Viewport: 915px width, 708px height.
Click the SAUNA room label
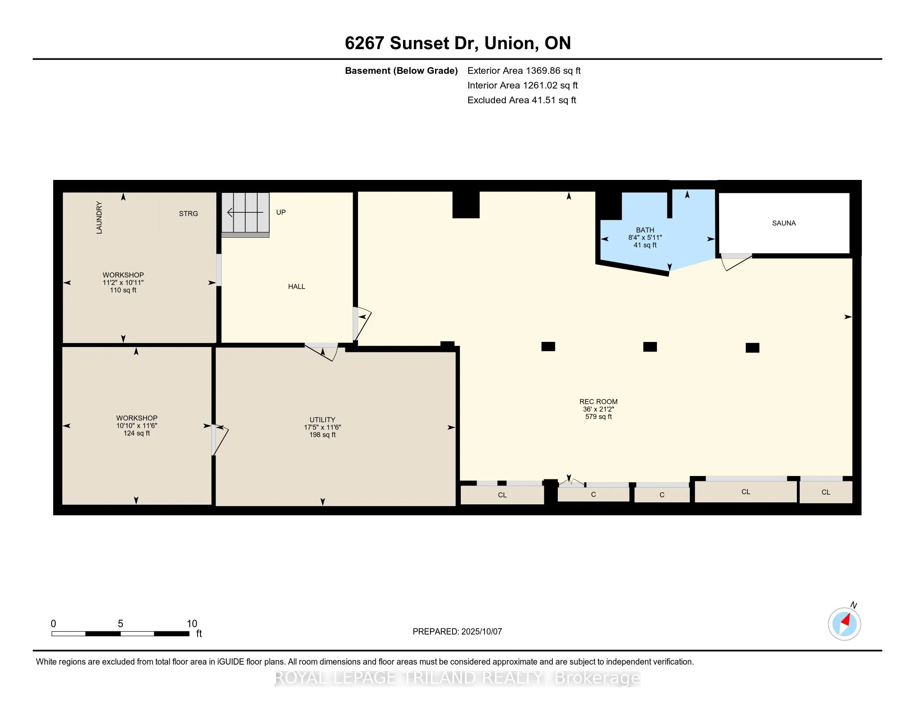coord(784,223)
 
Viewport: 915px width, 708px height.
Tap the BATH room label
coord(645,230)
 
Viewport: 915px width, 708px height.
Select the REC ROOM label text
coord(598,401)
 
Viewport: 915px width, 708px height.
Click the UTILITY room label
coord(322,419)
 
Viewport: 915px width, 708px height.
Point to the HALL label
coord(297,287)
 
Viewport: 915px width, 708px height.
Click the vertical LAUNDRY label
coord(99,217)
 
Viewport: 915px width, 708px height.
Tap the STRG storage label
coord(188,214)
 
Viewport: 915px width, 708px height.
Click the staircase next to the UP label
coord(245,214)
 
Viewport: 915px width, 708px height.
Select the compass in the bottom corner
coord(844,624)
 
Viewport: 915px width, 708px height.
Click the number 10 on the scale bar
coord(192,624)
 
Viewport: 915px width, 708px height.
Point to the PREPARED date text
coord(457,632)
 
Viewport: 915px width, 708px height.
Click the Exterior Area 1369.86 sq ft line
coord(524,70)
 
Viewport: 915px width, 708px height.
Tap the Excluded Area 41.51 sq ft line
coord(522,100)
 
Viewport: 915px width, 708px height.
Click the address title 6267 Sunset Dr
coord(411,43)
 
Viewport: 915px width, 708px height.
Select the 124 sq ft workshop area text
coord(136,433)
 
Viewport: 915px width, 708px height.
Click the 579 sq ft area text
coord(598,416)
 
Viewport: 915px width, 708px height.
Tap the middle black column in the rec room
coord(650,347)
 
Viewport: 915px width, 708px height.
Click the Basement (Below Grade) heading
coord(401,70)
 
